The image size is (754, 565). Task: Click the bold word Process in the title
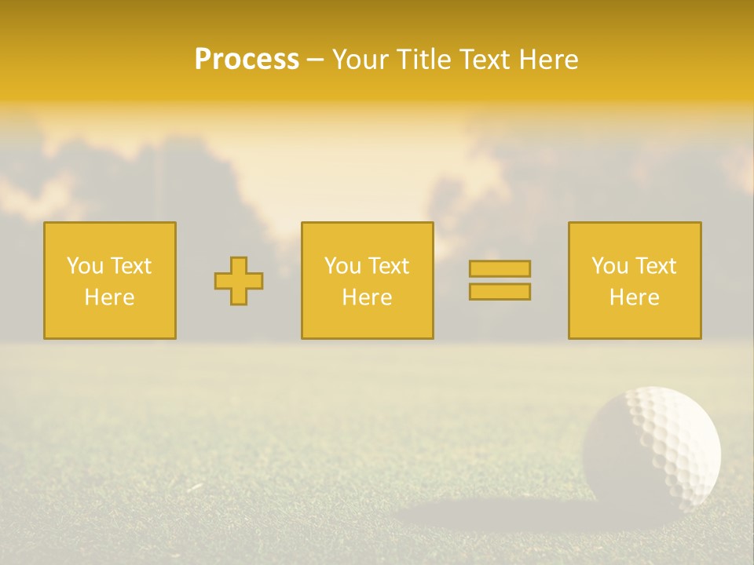pyautogui.click(x=247, y=60)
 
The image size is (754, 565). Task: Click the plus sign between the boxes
pyautogui.click(x=239, y=281)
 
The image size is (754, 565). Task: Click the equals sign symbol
pyautogui.click(x=500, y=280)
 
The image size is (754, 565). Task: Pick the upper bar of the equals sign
pyautogui.click(x=500, y=269)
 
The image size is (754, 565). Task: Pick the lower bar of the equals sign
pyautogui.click(x=500, y=292)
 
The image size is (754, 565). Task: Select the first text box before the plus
pyautogui.click(x=110, y=281)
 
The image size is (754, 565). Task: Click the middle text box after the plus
pyautogui.click(x=367, y=281)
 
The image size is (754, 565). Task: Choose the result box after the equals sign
pyautogui.click(x=635, y=281)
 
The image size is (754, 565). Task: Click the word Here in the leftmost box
pyautogui.click(x=109, y=297)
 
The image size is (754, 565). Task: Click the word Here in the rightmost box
pyautogui.click(x=634, y=297)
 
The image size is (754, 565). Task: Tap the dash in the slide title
pyautogui.click(x=316, y=60)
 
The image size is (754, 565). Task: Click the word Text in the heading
pyautogui.click(x=480, y=60)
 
